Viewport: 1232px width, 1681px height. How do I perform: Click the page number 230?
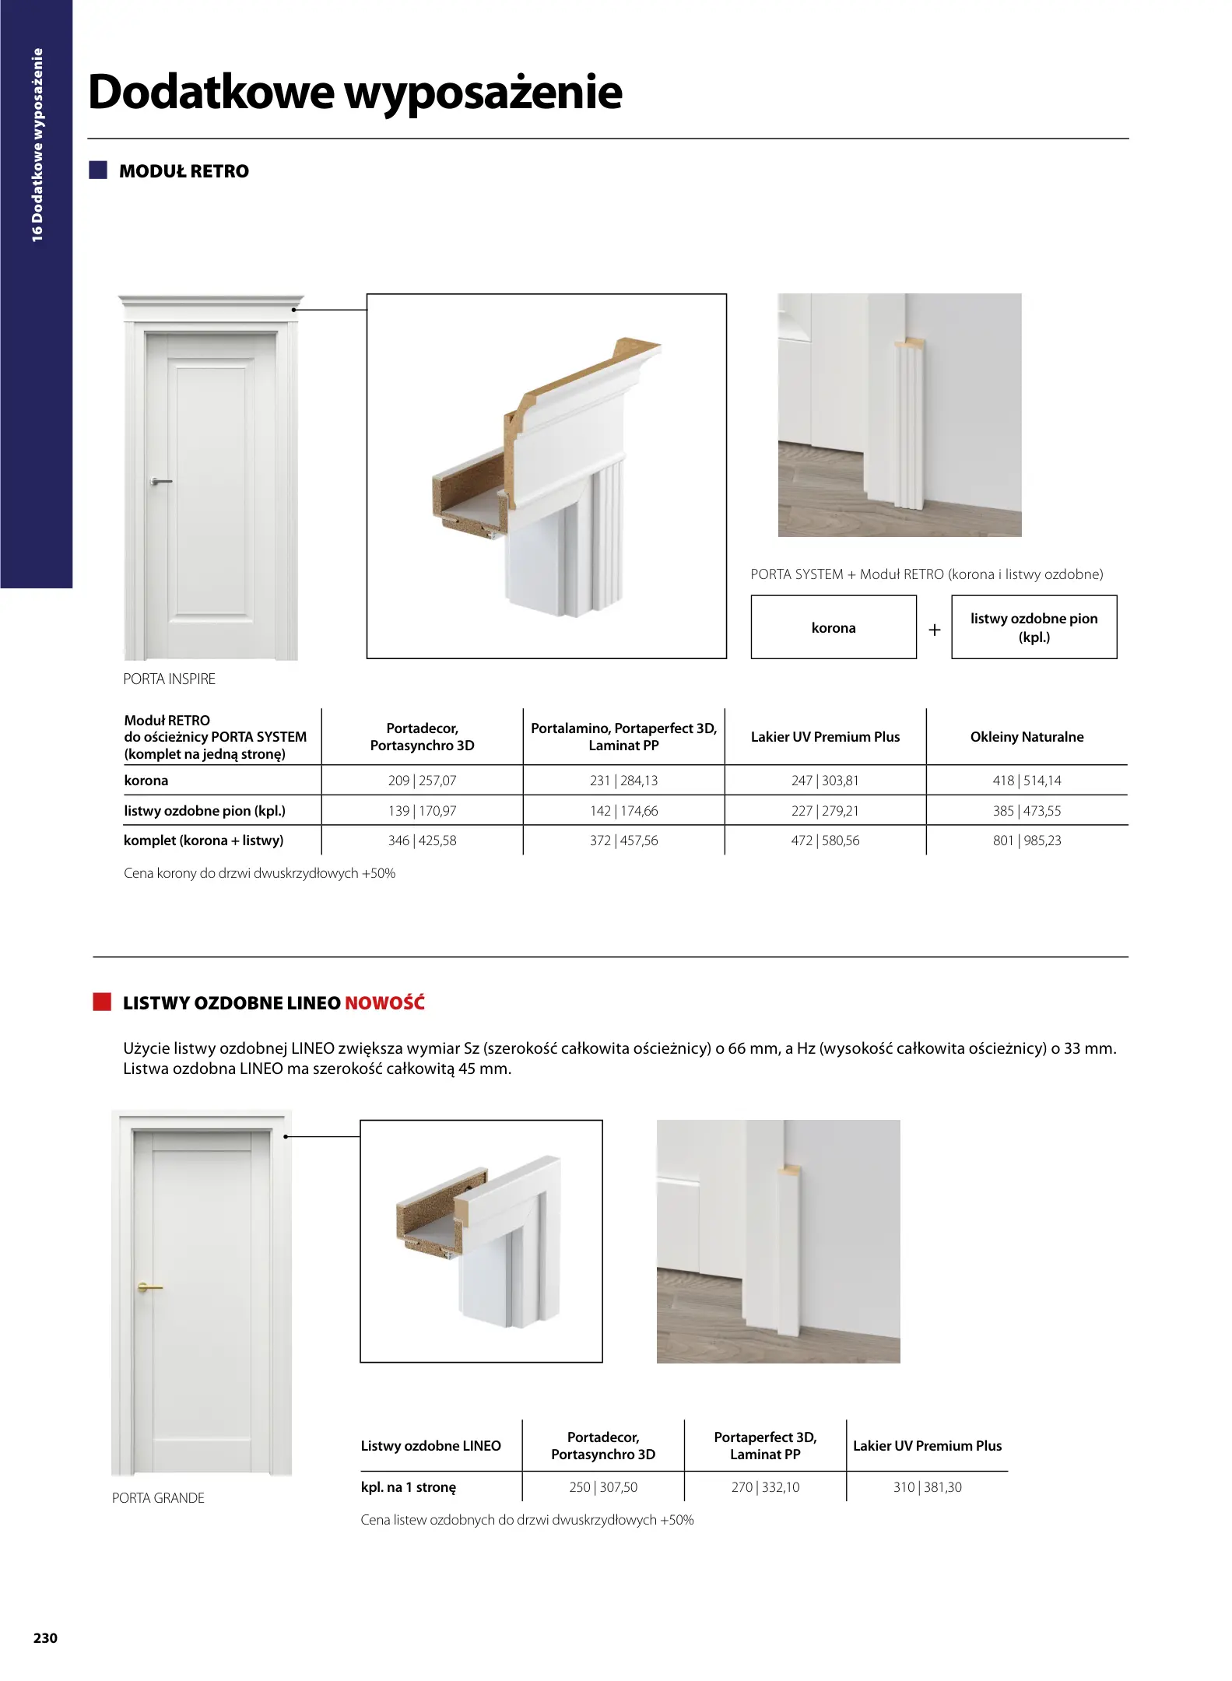click(45, 1637)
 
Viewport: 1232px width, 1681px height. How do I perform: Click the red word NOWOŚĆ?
click(384, 1002)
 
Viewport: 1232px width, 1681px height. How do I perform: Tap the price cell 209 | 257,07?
click(422, 781)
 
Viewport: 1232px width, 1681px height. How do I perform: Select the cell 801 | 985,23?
click(1027, 840)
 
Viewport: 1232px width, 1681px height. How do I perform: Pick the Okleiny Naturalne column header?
click(1027, 737)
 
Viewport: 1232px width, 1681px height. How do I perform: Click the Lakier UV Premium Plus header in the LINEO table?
click(927, 1445)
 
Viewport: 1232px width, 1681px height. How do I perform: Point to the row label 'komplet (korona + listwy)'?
click(203, 840)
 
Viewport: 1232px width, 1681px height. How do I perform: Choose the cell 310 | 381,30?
click(927, 1487)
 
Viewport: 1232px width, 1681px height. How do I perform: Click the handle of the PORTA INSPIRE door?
click(161, 482)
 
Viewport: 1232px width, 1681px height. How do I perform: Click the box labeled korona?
click(833, 627)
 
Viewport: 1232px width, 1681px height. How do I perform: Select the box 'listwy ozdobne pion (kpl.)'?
click(1034, 627)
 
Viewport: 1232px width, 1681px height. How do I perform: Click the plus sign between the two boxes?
click(934, 629)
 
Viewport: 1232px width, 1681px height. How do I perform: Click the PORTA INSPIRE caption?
click(169, 679)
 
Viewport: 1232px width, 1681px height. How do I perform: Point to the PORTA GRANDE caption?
click(158, 1498)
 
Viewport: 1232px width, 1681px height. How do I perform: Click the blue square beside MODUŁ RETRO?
click(98, 170)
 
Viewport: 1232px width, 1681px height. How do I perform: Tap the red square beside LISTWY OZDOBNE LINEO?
click(102, 1002)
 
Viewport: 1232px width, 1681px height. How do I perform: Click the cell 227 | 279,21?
click(825, 811)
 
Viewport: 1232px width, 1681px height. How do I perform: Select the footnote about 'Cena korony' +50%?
click(259, 873)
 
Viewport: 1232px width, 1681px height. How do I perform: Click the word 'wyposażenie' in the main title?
click(483, 93)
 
